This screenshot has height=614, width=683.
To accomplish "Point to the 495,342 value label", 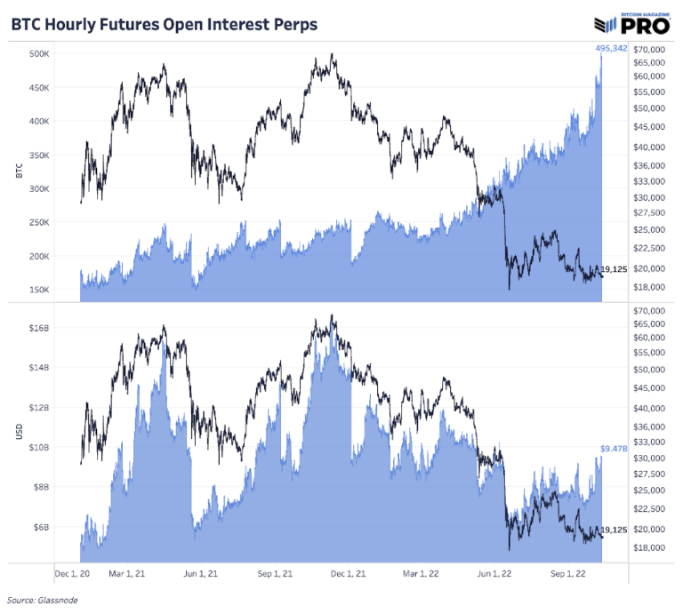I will tap(611, 48).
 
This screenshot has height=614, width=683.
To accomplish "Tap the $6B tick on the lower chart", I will tap(43, 527).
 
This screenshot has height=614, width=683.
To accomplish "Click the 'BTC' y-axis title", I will tap(19, 171).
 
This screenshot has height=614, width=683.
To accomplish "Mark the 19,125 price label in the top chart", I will tap(616, 269).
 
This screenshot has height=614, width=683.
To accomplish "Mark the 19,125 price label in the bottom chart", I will tap(616, 530).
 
